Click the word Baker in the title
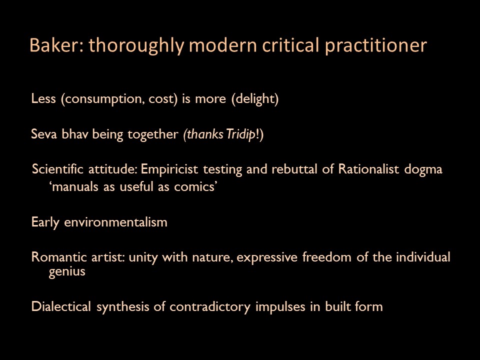tap(54, 45)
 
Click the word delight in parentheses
tap(254, 99)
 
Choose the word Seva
tap(44, 134)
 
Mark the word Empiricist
tap(169, 169)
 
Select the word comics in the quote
tap(194, 186)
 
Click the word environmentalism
tap(115, 222)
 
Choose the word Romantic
tap(59, 257)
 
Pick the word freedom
tap(326, 257)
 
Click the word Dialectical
tap(61, 306)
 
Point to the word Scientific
tap(57, 169)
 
